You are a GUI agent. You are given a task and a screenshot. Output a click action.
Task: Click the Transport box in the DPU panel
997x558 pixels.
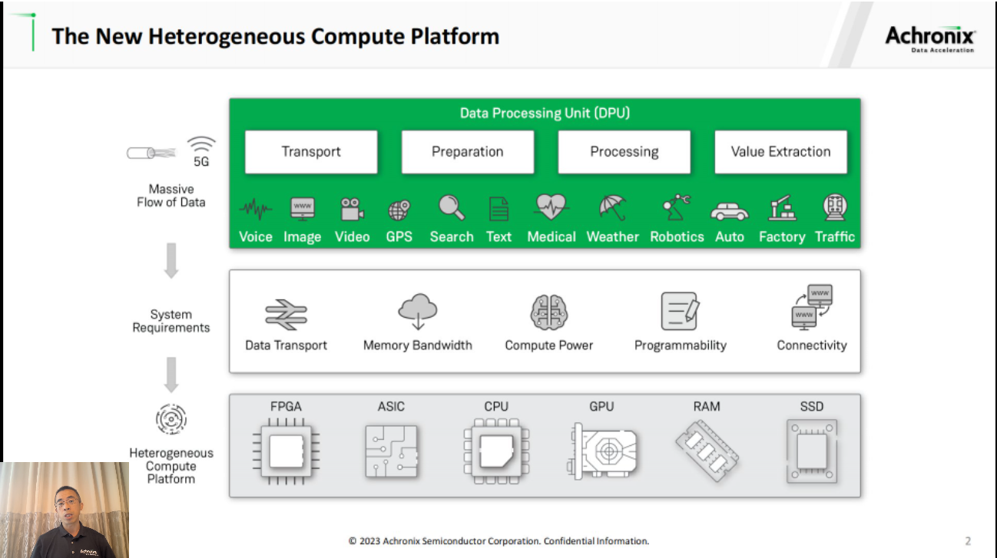coord(311,152)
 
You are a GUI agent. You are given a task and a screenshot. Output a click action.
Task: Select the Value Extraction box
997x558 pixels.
coord(780,152)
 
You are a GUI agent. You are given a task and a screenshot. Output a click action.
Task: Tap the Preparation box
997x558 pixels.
coord(467,152)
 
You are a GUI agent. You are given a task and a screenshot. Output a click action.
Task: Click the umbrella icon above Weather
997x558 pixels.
coord(612,208)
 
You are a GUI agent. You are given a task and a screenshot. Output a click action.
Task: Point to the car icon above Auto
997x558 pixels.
coord(729,210)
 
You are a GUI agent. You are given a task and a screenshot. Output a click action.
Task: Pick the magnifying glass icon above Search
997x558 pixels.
coord(451,208)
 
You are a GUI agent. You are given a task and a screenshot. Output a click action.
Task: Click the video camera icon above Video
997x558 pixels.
coord(353,209)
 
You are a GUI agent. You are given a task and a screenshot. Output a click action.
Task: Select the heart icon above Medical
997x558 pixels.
coord(551,207)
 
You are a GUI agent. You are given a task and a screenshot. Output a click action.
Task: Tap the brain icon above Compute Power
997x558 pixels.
coord(548,312)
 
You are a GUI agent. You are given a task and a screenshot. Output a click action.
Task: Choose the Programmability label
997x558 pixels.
coord(680,345)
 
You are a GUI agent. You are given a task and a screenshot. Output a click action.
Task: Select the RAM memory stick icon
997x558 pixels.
coord(707,451)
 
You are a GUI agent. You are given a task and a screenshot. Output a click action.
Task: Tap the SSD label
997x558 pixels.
coord(811,406)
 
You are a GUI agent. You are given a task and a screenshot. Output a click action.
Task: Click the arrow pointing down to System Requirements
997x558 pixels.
coord(171,261)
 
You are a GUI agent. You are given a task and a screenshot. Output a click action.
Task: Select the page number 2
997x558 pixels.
coord(968,540)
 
